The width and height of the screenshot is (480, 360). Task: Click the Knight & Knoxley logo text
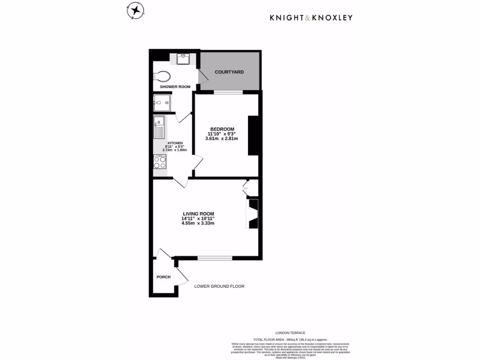(311, 18)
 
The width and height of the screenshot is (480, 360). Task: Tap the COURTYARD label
(229, 72)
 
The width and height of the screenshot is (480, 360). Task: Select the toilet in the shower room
(162, 76)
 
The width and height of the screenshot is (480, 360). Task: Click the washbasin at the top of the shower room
(183, 59)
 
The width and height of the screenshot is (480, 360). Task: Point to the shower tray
(161, 103)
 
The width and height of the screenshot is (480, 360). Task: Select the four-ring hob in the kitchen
(160, 162)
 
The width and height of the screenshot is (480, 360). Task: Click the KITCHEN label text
(175, 143)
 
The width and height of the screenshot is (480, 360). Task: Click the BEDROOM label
(222, 129)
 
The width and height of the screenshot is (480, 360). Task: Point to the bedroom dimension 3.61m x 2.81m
(222, 138)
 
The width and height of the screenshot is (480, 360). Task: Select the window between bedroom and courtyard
(228, 92)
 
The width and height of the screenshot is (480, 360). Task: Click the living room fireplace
(253, 213)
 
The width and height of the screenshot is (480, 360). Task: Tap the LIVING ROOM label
(198, 214)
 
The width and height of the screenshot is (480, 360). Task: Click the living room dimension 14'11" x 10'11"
(198, 218)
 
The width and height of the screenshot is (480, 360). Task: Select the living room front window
(215, 258)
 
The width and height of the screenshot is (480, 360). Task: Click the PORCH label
(163, 277)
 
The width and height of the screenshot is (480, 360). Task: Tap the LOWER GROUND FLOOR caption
(219, 286)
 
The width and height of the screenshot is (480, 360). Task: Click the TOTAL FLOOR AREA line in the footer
(290, 339)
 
